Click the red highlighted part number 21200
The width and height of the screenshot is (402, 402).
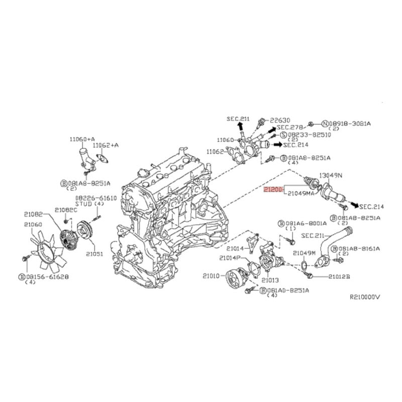click(274, 189)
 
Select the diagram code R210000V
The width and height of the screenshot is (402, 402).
click(365, 297)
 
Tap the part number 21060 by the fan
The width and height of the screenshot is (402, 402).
click(33, 224)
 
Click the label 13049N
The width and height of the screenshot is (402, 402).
click(332, 175)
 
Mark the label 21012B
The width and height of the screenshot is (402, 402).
click(340, 276)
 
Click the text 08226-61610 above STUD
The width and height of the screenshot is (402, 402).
click(96, 198)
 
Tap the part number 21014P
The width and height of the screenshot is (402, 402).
click(230, 258)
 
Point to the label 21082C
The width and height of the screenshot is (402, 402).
click(66, 210)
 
